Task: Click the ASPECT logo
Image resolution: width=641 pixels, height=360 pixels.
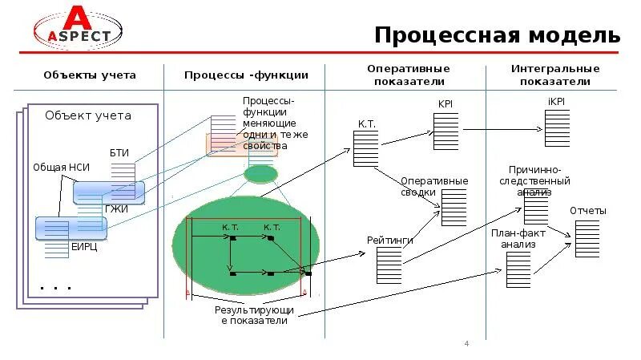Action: point(78,29)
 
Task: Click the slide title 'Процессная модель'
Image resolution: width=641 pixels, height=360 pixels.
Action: point(497,36)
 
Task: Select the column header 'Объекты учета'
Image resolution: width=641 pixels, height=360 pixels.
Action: point(90,75)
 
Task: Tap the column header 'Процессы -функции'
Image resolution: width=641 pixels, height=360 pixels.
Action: point(246,75)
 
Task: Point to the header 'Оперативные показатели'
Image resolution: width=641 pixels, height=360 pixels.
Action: point(408,75)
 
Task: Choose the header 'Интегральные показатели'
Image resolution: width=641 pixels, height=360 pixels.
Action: point(554,75)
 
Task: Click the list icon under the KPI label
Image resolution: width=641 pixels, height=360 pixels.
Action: point(445,131)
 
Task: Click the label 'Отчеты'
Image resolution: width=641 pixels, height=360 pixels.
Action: point(587,211)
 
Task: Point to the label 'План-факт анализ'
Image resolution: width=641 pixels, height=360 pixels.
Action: point(518,238)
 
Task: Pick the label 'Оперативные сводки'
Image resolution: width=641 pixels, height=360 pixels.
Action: point(433,187)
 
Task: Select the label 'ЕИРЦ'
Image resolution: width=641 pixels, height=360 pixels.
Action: point(84,246)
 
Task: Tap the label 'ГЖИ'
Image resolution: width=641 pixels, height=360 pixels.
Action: point(116,208)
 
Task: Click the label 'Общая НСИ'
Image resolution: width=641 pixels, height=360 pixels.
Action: point(61,168)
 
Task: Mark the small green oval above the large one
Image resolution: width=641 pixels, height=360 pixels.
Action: point(260,173)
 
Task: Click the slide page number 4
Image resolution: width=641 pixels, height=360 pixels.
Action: point(466,344)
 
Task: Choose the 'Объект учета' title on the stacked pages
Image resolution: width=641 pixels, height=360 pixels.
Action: point(87,115)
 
